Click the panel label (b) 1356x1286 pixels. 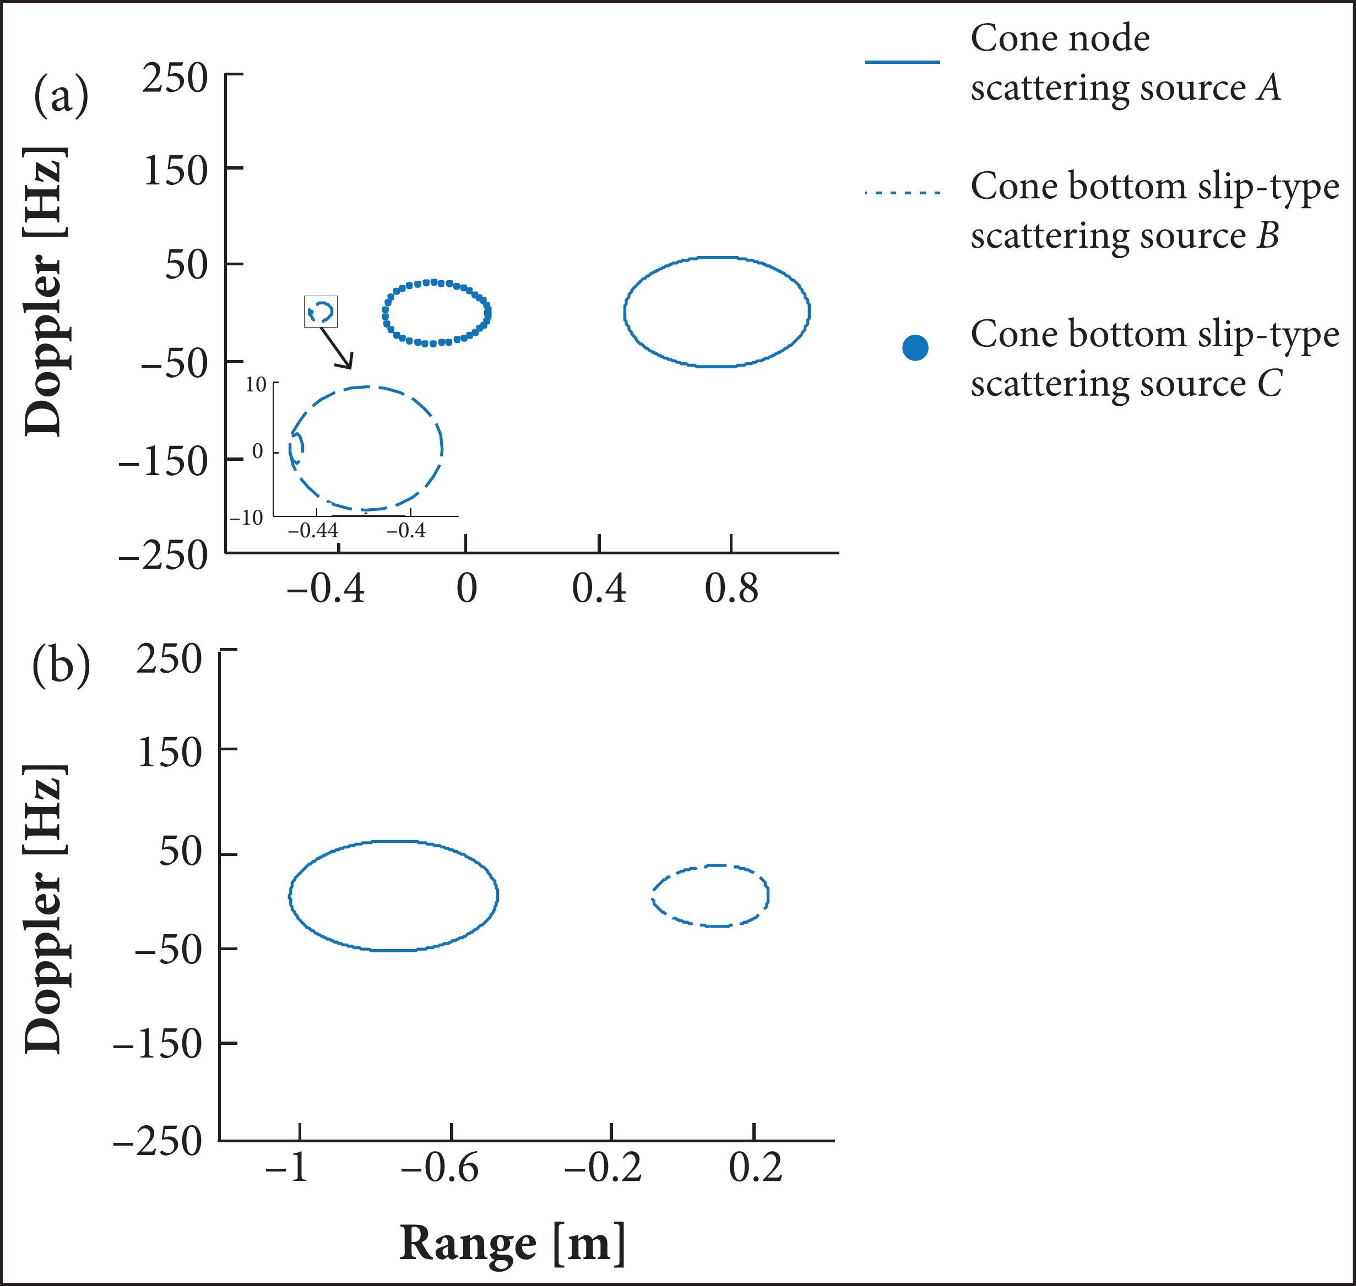[x=61, y=664]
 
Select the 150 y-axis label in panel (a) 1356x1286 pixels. [x=175, y=171]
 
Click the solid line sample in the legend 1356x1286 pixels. [x=902, y=62]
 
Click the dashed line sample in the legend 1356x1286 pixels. [x=902, y=193]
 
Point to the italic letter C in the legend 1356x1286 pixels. [x=1270, y=384]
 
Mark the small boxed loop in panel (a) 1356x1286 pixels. [x=321, y=312]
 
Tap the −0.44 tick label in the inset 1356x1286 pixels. [x=313, y=531]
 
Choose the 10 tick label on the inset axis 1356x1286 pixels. [x=256, y=385]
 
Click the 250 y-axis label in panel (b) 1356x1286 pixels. [x=169, y=660]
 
